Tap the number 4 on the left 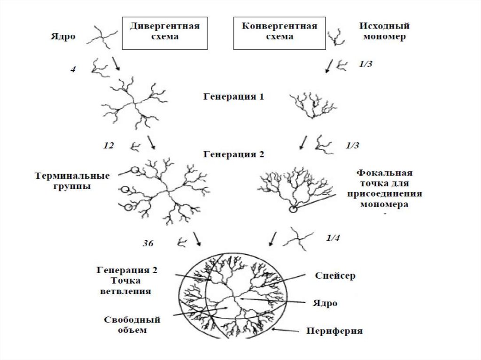click(x=73, y=70)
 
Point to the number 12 click(x=108, y=146)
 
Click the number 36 click(x=147, y=243)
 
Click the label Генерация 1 click(x=234, y=97)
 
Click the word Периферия click(x=334, y=331)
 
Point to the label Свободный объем click(x=132, y=325)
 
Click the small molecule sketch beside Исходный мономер click(x=334, y=37)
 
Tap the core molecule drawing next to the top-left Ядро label click(x=101, y=37)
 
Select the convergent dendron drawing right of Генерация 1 click(x=312, y=106)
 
